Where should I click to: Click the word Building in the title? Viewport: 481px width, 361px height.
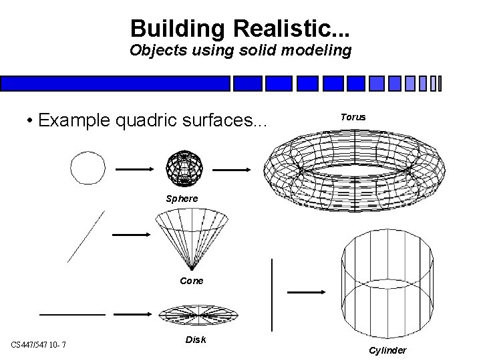[168, 29]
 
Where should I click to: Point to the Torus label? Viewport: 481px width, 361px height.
[353, 117]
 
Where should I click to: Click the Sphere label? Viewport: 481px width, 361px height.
[182, 199]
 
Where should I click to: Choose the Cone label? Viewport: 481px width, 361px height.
[192, 281]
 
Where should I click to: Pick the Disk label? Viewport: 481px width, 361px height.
[195, 340]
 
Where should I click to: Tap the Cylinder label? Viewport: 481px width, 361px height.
[387, 351]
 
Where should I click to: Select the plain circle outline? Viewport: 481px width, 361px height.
[88, 167]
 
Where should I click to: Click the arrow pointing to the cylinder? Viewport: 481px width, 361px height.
[305, 292]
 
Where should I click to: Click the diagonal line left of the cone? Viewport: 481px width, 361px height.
[86, 236]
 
